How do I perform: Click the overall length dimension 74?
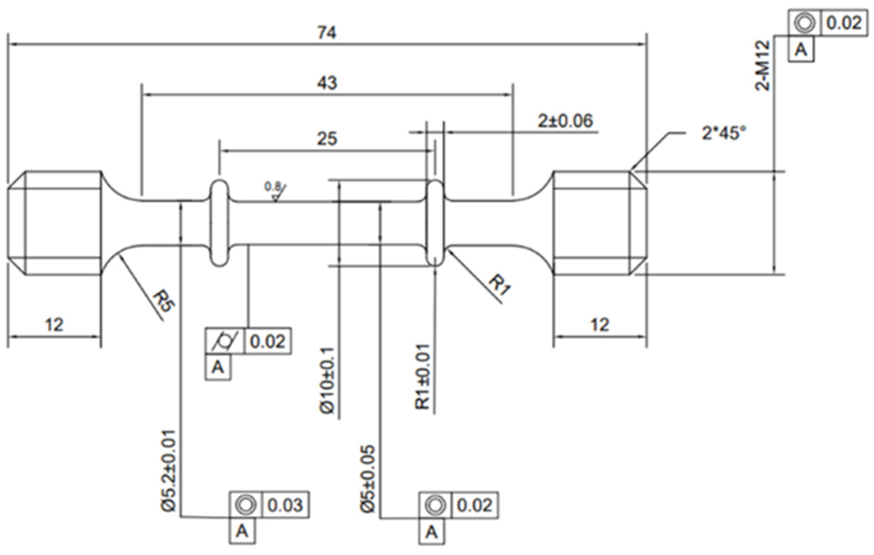tap(327, 33)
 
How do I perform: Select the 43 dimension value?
tap(327, 83)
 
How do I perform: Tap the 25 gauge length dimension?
tap(327, 139)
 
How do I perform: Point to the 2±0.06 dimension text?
tap(565, 121)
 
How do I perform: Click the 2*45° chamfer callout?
tap(724, 132)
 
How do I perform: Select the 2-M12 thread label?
tap(763, 65)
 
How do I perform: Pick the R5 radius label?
tap(164, 301)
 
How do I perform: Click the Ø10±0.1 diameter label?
tap(327, 380)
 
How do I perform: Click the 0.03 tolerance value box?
tap(285, 505)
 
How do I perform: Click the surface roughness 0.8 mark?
tap(275, 191)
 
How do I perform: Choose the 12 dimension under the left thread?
tap(54, 325)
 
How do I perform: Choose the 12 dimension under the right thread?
tap(600, 325)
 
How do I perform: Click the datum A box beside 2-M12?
tap(801, 49)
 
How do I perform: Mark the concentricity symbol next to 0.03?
tap(246, 505)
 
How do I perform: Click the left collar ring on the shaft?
tap(219, 223)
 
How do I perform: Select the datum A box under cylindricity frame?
tap(218, 367)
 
